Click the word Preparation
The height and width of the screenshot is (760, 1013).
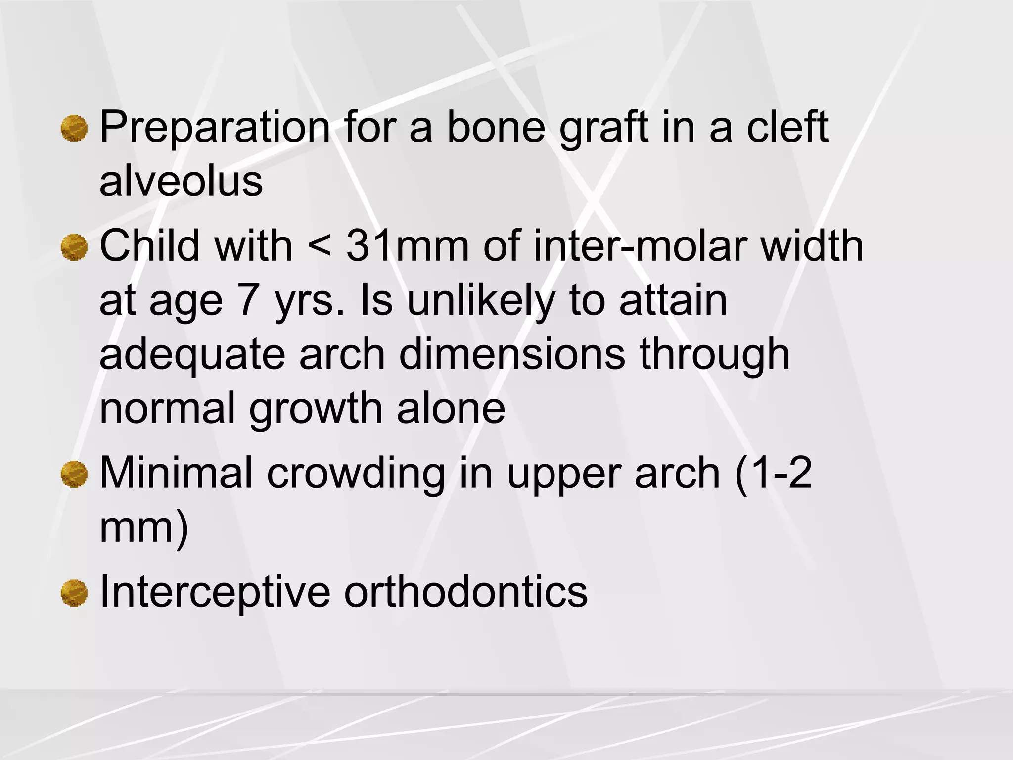point(215,128)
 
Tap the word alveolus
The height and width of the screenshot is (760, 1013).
point(181,181)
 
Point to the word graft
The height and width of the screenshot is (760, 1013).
point(603,128)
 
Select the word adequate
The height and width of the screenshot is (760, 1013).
point(192,355)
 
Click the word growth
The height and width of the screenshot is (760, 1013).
point(315,410)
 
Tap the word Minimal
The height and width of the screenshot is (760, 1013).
point(176,473)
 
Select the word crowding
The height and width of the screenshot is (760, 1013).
point(356,474)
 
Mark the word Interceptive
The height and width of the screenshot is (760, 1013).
point(215,592)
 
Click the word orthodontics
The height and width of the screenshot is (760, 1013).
point(465,592)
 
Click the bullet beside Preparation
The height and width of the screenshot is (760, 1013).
point(74,129)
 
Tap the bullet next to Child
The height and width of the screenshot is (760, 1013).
point(74,248)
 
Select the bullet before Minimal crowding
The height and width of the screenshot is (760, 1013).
point(74,475)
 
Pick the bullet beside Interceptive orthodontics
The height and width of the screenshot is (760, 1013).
point(74,593)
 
